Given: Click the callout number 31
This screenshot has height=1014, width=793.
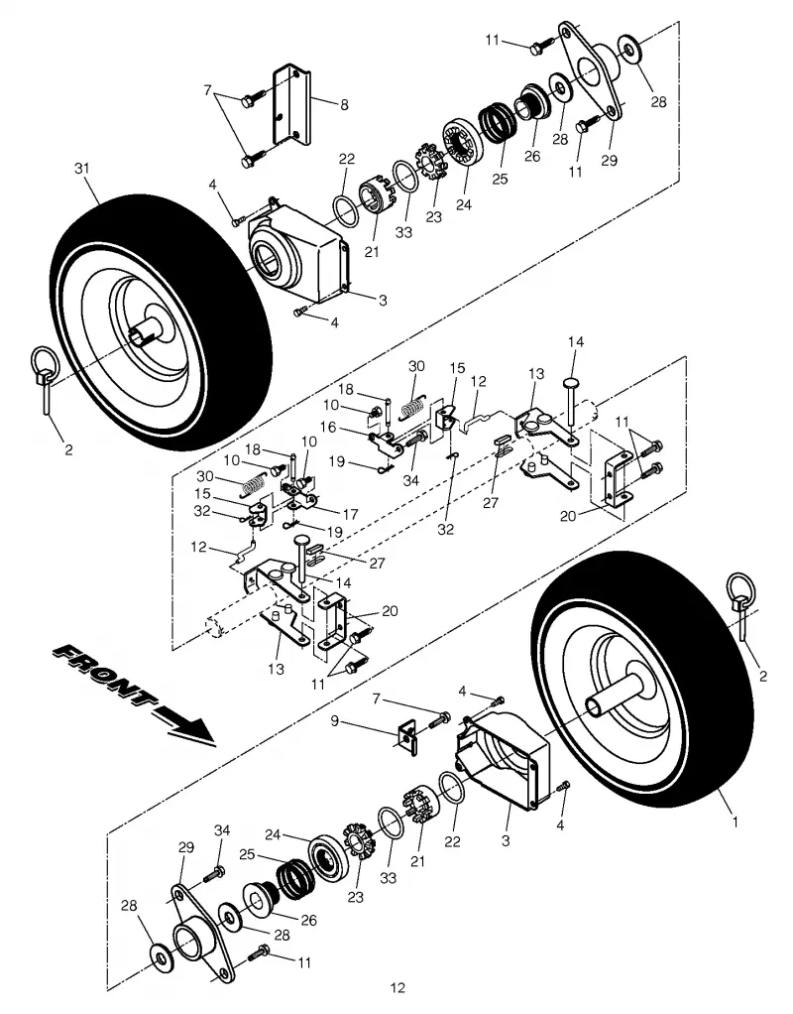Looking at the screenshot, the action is click(81, 168).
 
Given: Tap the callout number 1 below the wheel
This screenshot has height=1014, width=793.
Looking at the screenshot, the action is click(735, 823).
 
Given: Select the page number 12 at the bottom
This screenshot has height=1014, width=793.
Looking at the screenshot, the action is click(397, 987).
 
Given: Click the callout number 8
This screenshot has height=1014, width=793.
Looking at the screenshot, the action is click(345, 104).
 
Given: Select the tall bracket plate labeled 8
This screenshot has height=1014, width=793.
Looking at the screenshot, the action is click(290, 107).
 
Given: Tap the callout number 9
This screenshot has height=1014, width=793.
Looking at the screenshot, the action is click(334, 719).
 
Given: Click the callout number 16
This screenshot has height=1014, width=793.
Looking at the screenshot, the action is click(328, 428).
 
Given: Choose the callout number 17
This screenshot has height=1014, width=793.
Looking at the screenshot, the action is click(350, 515).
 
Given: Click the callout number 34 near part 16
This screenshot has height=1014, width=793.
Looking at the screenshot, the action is click(410, 480).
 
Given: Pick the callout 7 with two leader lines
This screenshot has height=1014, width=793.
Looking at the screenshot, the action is click(207, 90).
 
